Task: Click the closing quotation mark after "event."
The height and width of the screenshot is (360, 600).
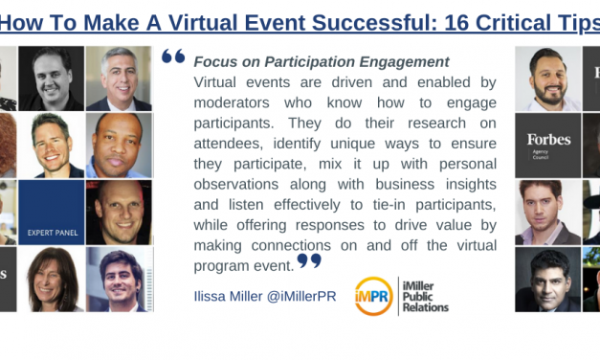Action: click(x=308, y=259)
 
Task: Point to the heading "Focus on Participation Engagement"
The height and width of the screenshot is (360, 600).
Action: click(x=307, y=61)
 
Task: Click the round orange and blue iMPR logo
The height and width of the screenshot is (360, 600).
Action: click(x=372, y=296)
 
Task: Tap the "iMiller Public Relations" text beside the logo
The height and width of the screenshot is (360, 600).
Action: click(x=426, y=296)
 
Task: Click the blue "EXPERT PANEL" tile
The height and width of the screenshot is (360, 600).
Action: click(x=51, y=212)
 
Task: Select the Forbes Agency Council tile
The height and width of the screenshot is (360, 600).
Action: click(x=548, y=145)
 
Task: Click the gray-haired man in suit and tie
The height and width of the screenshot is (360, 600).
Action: click(x=119, y=78)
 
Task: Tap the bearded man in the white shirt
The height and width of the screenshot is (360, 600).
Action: click(x=548, y=78)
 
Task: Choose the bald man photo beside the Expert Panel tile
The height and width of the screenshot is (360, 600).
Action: click(x=119, y=212)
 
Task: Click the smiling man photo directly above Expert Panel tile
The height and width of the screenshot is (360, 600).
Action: click(x=51, y=145)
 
